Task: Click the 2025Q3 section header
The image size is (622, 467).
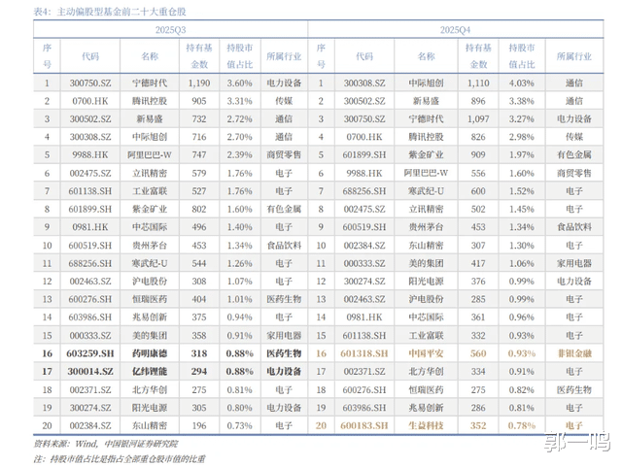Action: (x=171, y=31)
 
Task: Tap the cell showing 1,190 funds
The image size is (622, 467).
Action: (x=199, y=83)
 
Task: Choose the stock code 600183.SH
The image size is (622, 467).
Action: (x=365, y=425)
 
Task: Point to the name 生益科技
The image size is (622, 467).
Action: (x=426, y=425)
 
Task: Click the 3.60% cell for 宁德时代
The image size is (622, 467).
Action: (x=240, y=83)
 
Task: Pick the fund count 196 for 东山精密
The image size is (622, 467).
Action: (x=199, y=425)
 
